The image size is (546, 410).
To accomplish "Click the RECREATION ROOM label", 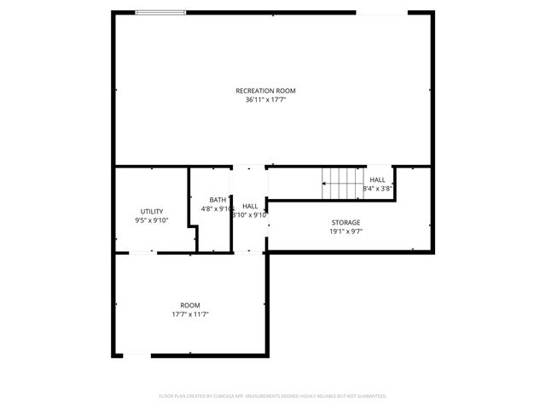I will pos(271,91).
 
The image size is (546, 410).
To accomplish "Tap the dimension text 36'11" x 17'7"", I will pos(271,100).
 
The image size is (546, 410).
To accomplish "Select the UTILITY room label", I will pos(152,211).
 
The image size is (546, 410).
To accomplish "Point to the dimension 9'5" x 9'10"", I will pos(152,220).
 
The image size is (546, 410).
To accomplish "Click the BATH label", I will pos(218,199).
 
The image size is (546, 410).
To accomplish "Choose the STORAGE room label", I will pos(346,222).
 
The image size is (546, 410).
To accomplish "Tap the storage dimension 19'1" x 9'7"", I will pos(346,231).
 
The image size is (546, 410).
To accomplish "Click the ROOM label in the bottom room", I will pos(190,305).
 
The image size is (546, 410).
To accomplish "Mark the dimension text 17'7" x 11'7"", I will pos(190,314).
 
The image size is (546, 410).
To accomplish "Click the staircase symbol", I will pos(341,182).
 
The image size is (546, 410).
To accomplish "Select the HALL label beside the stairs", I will pos(377,179).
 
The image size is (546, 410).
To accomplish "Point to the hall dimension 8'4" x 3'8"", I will pos(377,189).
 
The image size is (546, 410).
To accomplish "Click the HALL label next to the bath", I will pos(250,206).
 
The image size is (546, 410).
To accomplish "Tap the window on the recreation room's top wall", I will pos(161,12).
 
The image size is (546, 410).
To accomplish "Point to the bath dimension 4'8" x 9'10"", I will pos(218,208).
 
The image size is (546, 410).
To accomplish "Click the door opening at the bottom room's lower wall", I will pos(138,355).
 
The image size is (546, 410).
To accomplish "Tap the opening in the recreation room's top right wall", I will pos(381,12).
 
